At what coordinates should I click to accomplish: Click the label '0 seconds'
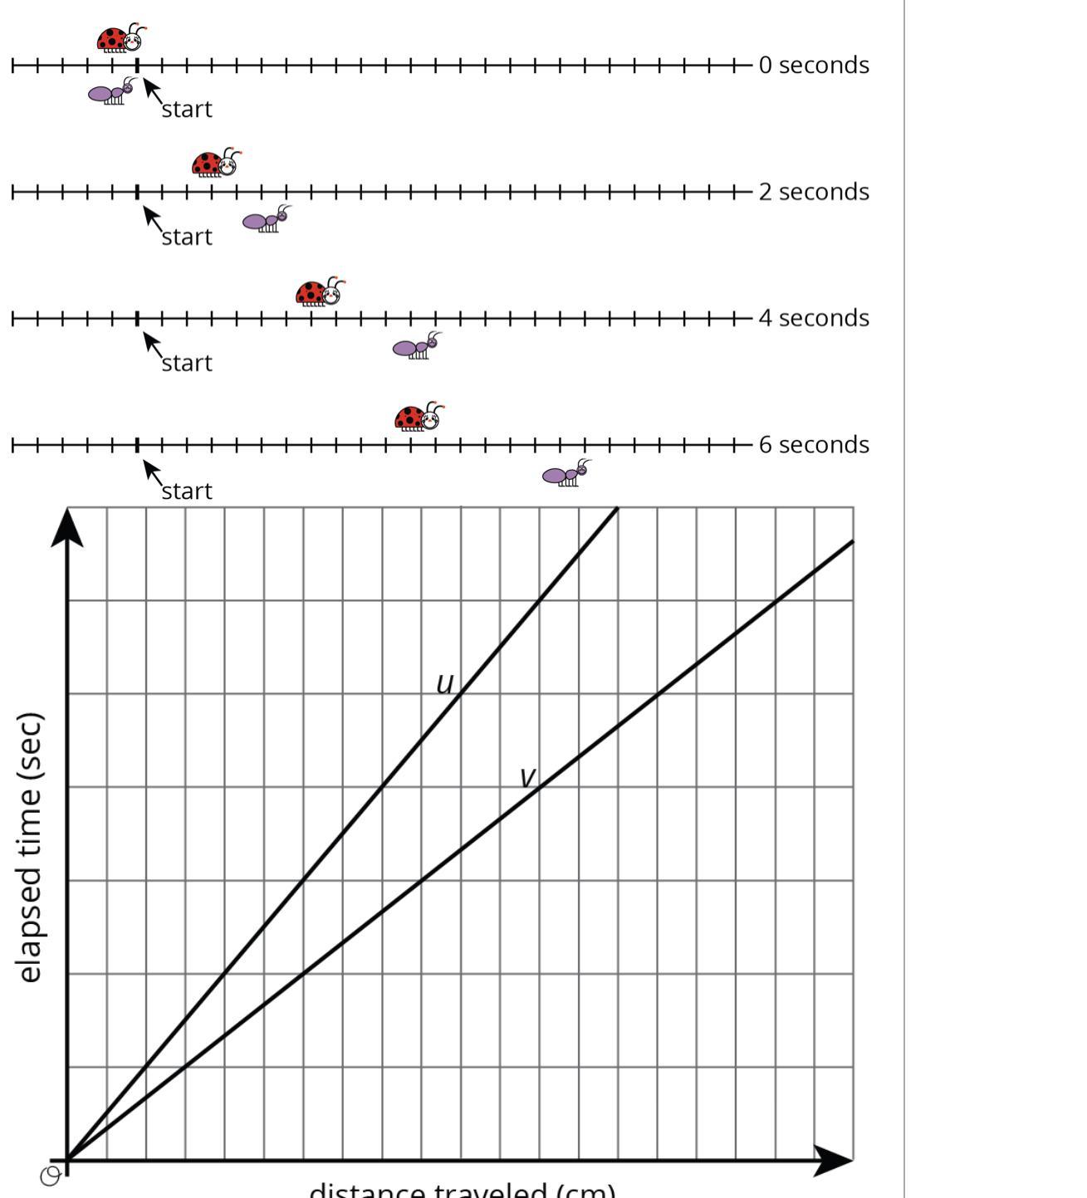pyautogui.click(x=813, y=65)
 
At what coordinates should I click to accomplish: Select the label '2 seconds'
pyautogui.click(x=813, y=192)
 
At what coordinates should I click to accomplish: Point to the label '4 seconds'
pyautogui.click(x=813, y=318)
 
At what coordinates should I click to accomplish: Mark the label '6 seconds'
pyautogui.click(x=813, y=445)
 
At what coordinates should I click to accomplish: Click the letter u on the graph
pyautogui.click(x=445, y=684)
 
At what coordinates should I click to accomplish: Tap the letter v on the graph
pyautogui.click(x=527, y=777)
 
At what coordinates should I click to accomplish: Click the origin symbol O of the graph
pyautogui.click(x=51, y=1176)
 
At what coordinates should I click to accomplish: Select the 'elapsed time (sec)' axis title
pyautogui.click(x=29, y=847)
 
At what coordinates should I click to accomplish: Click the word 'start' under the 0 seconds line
pyautogui.click(x=187, y=110)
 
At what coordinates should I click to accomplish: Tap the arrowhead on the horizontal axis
pyautogui.click(x=833, y=1160)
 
